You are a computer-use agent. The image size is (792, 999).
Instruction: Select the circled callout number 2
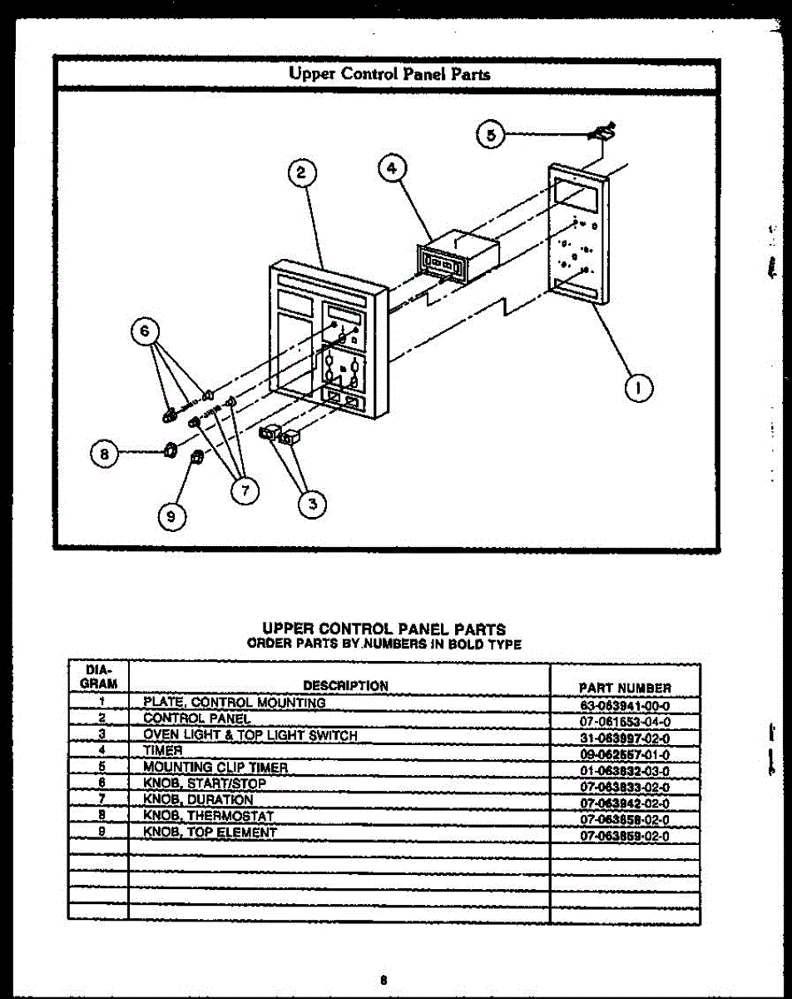click(301, 173)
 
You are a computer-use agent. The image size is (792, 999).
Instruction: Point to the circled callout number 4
click(392, 167)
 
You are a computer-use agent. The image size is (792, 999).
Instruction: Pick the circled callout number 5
click(491, 134)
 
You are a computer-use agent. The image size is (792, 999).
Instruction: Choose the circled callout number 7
click(245, 490)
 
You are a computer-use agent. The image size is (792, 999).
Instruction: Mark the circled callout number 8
click(105, 454)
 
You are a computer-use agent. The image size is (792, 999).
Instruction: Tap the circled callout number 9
click(171, 516)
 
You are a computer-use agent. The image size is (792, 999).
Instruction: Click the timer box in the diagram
click(458, 255)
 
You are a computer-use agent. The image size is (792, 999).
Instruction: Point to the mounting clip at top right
click(603, 132)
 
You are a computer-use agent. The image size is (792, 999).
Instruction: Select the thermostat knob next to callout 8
click(166, 450)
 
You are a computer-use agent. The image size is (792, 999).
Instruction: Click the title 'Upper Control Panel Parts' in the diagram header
click(389, 73)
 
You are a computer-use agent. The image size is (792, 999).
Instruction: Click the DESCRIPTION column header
click(345, 686)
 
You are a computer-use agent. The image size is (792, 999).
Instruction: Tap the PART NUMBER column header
click(624, 688)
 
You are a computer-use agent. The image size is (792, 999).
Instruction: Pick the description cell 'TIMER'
click(162, 750)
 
